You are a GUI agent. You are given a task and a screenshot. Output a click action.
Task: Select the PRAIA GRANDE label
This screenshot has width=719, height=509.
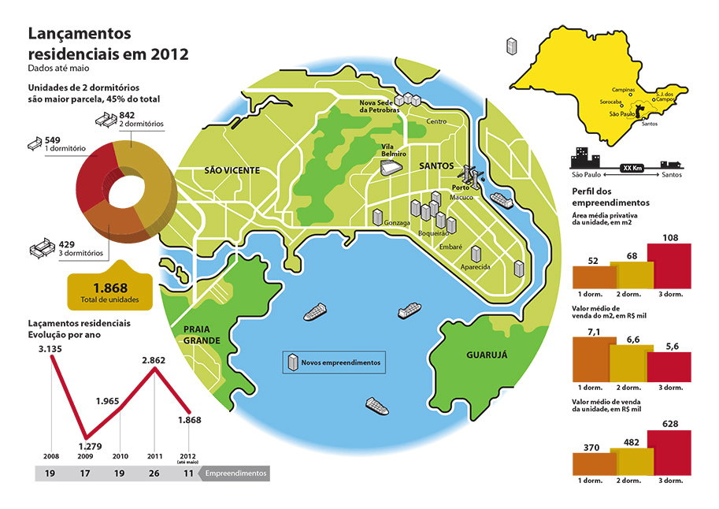[x=202, y=335]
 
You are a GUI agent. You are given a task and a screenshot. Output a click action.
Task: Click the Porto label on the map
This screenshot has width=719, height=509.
[x=461, y=188]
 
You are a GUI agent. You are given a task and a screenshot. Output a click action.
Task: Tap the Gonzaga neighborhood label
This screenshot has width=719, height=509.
[x=397, y=223]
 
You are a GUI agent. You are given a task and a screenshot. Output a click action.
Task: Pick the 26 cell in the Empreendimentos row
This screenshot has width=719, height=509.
[x=154, y=474]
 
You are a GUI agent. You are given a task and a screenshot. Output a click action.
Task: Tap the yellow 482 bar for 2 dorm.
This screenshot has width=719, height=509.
[x=632, y=460]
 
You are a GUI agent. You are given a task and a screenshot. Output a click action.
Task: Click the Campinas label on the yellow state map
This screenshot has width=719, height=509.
[x=623, y=90]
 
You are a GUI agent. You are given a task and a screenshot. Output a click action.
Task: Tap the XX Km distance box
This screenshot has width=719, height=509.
[x=628, y=168]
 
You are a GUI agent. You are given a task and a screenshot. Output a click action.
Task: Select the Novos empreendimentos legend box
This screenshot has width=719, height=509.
[x=335, y=363]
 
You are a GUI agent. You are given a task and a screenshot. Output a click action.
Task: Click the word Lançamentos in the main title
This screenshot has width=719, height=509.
[x=80, y=34]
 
